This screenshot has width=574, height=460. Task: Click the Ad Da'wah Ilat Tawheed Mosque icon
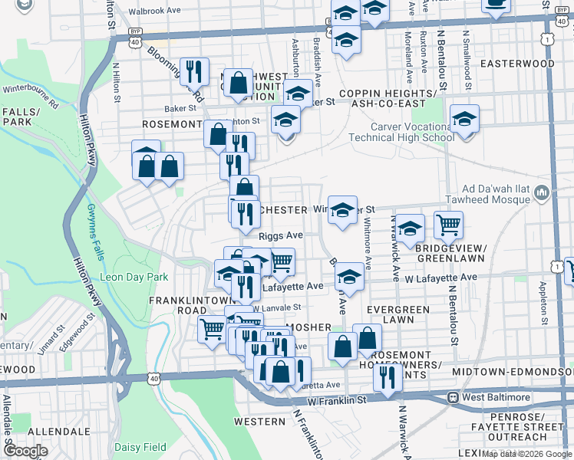click(x=543, y=191)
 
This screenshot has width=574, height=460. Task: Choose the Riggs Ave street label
click(x=281, y=236)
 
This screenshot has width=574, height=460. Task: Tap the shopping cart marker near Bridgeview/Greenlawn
click(x=448, y=225)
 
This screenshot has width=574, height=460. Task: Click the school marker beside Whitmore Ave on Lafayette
click(x=349, y=277)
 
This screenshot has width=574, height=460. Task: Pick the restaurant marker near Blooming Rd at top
click(x=194, y=71)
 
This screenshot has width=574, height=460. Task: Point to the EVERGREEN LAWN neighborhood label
click(x=398, y=314)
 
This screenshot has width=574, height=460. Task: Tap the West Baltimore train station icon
click(x=454, y=397)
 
